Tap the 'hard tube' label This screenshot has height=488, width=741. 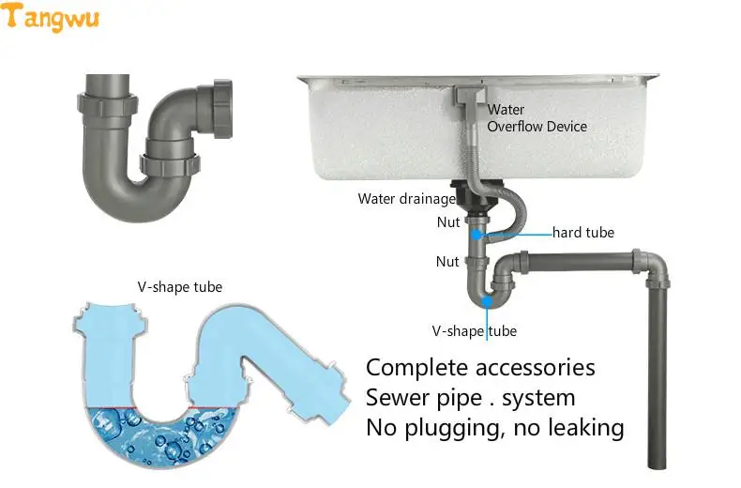(x=582, y=232)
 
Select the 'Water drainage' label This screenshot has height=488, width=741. (x=406, y=199)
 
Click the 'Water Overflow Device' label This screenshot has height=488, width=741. (x=536, y=118)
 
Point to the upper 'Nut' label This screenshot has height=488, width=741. (x=447, y=222)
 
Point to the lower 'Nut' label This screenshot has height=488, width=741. (x=447, y=262)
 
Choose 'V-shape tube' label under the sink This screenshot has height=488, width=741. (x=474, y=331)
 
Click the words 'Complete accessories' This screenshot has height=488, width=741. (x=480, y=367)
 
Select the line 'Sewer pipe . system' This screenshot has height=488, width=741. (x=470, y=397)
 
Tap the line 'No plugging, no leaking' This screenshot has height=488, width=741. (x=494, y=428)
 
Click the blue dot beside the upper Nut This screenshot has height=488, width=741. (x=476, y=234)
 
